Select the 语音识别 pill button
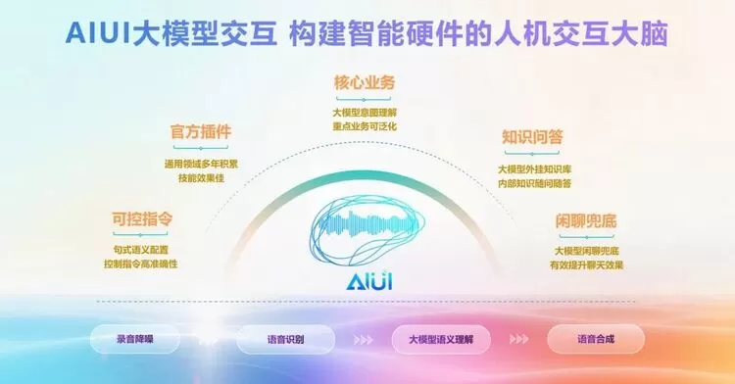click(284, 340)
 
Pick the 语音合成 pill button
click(595, 340)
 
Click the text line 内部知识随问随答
click(533, 182)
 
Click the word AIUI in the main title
click(102, 32)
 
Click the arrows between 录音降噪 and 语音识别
click(209, 341)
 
